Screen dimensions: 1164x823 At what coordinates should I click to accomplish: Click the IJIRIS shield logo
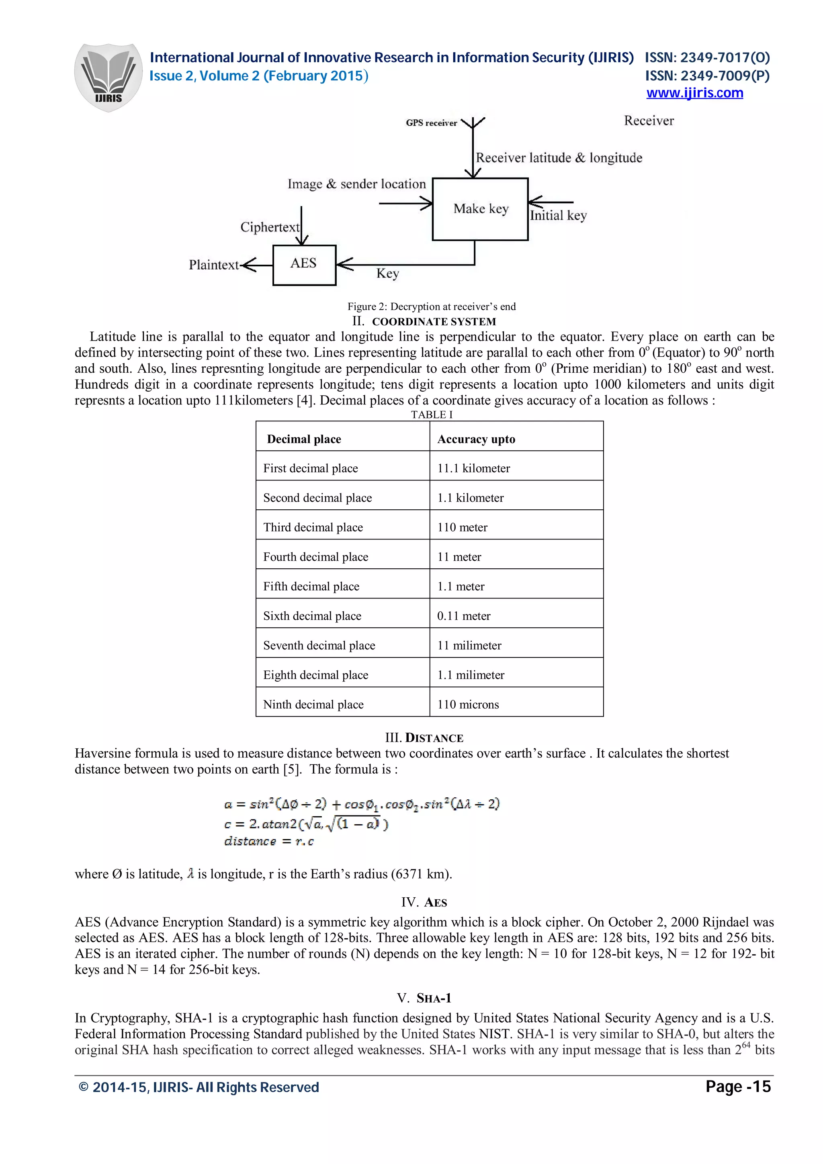click(x=108, y=77)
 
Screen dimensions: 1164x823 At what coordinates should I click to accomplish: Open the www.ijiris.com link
click(x=694, y=93)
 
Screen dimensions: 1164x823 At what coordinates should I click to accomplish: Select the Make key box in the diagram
click(x=480, y=209)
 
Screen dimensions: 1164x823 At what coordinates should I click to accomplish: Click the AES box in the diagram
click(x=304, y=265)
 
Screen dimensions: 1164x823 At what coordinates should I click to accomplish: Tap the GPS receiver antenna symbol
click(x=473, y=124)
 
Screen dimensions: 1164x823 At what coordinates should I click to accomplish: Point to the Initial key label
click(x=558, y=215)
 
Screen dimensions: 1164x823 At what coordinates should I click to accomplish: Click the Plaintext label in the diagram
click(x=213, y=265)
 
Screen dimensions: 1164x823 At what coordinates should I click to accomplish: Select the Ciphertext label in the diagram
click(x=269, y=227)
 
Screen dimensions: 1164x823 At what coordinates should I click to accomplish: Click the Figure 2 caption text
click(x=431, y=306)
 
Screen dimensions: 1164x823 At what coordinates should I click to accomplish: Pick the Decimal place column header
click(x=304, y=439)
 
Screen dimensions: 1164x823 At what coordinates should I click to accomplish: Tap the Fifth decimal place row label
click(x=311, y=586)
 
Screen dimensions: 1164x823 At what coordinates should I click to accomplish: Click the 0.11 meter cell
click(x=463, y=616)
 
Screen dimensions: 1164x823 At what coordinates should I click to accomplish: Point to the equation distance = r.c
click(x=269, y=841)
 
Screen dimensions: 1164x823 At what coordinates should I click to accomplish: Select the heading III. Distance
click(x=424, y=737)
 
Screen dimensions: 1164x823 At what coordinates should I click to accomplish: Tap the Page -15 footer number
click(x=738, y=1087)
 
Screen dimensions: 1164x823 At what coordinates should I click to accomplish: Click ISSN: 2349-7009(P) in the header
click(x=707, y=76)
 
